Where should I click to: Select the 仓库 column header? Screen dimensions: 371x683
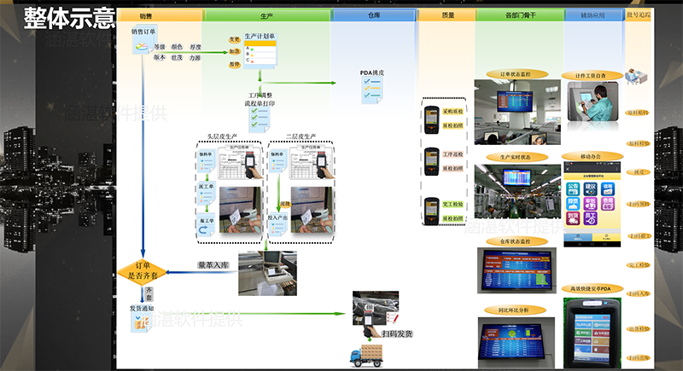(373, 15)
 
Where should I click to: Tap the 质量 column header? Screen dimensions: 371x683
(447, 15)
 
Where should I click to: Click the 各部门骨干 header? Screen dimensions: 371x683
(519, 15)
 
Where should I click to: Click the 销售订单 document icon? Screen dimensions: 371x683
(139, 46)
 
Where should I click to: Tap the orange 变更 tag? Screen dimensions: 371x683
(234, 39)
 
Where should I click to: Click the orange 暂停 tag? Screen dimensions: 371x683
(234, 64)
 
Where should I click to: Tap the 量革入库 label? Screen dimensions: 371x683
(213, 265)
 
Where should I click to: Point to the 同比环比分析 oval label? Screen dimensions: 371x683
(514, 310)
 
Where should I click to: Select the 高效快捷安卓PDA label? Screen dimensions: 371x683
(592, 288)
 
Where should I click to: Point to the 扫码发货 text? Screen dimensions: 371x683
(396, 334)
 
